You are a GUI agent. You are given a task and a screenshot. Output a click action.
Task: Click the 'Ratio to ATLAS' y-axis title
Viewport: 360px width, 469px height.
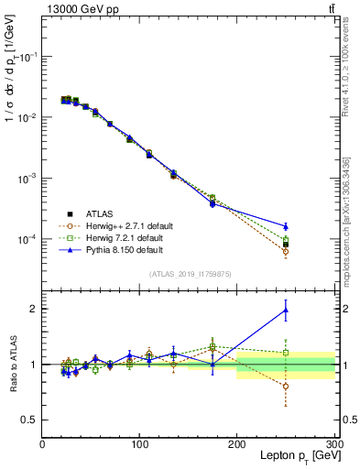click(x=12, y=365)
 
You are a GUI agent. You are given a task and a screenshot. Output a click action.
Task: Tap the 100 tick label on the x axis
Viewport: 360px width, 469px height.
click(x=139, y=444)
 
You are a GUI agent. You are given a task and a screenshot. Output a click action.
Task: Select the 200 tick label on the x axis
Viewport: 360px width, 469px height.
click(x=236, y=444)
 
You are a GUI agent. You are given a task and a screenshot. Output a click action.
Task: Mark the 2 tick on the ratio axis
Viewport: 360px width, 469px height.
click(x=34, y=309)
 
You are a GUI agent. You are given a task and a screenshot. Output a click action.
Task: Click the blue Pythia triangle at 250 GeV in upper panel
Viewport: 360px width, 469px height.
click(x=286, y=226)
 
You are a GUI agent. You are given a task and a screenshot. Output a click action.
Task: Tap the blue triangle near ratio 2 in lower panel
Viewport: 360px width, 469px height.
click(x=286, y=311)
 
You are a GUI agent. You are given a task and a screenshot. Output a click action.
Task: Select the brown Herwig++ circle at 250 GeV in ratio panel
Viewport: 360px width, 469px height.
click(x=286, y=386)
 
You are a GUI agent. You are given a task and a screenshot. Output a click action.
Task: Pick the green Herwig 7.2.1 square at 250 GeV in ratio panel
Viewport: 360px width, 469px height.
click(x=286, y=353)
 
